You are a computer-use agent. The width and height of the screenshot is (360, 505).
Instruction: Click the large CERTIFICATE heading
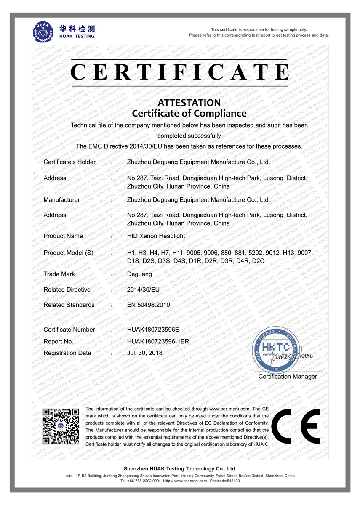tap(180, 72)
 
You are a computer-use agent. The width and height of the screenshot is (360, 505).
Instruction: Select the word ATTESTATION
tap(189, 103)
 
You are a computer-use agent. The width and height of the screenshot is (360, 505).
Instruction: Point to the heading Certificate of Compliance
tap(189, 113)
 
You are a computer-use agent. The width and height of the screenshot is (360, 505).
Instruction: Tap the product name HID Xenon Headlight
tap(156, 236)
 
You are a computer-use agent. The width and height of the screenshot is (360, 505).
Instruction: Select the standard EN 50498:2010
tap(148, 305)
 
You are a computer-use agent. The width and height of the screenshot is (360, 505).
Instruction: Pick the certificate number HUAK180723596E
tap(153, 330)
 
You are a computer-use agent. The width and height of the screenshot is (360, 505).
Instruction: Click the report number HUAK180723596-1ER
tap(158, 341)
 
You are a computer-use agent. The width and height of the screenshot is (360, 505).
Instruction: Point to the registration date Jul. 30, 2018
tap(144, 353)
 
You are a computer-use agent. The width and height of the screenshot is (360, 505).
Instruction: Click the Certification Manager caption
tap(288, 377)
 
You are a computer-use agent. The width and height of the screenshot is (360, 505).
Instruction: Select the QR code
tap(61, 426)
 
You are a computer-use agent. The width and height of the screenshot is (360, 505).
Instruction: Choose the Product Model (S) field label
tap(68, 253)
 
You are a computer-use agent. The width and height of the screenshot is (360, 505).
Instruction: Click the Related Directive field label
tap(67, 290)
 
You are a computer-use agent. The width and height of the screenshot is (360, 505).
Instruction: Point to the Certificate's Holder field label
tap(69, 162)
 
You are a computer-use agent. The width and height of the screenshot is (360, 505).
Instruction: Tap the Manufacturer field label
tap(61, 200)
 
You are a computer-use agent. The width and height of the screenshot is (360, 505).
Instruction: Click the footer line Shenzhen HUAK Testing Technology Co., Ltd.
tap(180, 468)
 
